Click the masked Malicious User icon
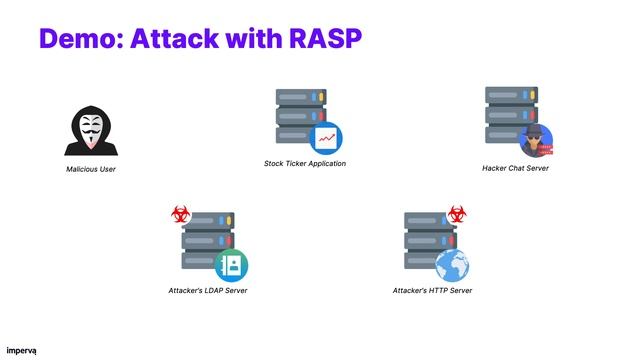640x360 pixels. (92, 132)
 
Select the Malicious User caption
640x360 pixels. (92, 169)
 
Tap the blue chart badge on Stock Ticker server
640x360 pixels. (325, 137)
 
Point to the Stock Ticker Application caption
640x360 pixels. (305, 163)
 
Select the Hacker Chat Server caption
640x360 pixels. (515, 168)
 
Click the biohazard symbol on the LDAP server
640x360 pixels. (181, 214)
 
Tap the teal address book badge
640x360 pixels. (231, 265)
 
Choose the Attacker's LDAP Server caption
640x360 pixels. (208, 291)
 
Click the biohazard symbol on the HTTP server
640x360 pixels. (457, 214)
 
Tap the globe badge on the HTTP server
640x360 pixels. (452, 265)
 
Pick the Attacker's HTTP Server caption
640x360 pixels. (432, 291)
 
